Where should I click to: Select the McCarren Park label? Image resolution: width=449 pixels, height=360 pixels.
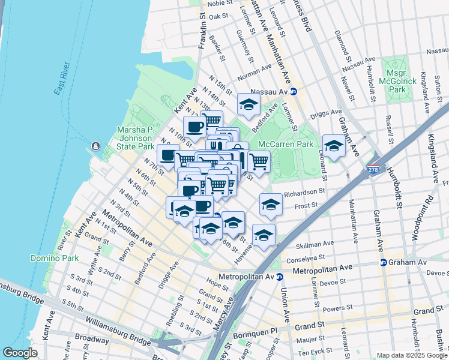[x=286, y=145]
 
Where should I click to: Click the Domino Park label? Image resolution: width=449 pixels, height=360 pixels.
[x=50, y=258]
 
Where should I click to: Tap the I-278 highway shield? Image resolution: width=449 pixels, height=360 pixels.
[x=373, y=171]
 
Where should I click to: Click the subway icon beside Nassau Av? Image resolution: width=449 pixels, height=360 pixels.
[x=294, y=92]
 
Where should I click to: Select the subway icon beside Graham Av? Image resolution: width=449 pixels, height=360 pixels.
[x=383, y=262]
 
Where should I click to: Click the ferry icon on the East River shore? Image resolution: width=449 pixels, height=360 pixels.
[x=95, y=146]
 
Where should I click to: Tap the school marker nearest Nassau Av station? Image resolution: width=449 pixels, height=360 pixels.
[x=249, y=104]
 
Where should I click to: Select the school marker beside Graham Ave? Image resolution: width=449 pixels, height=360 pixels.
[x=334, y=145]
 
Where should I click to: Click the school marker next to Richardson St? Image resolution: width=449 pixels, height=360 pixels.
[x=271, y=205]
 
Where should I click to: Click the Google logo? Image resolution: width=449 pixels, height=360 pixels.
[x=20, y=353]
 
